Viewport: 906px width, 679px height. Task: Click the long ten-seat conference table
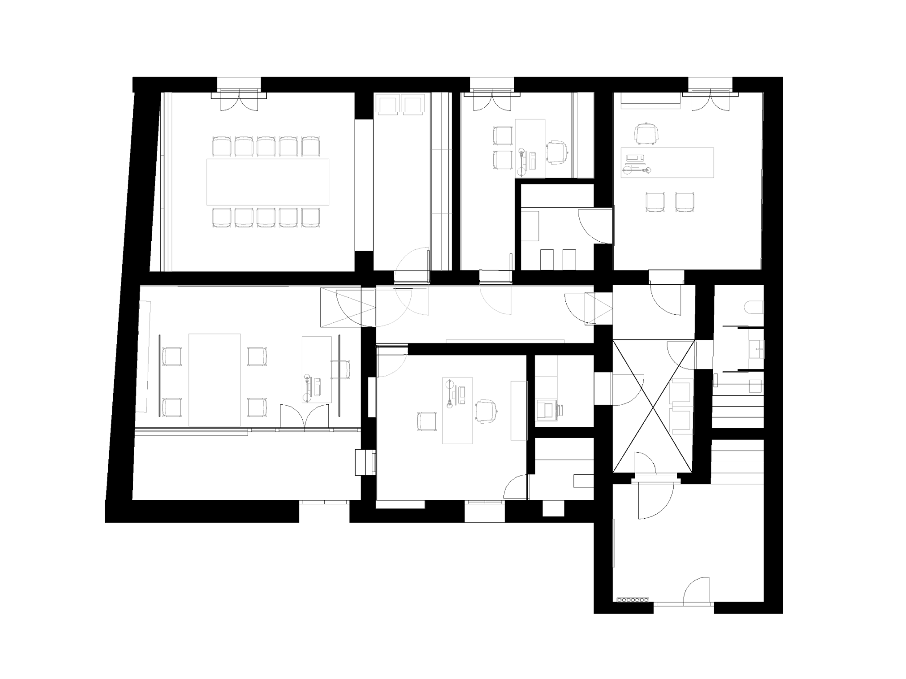point(268,182)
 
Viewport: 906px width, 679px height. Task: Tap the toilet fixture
point(754,308)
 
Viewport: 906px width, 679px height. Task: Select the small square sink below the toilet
point(756,349)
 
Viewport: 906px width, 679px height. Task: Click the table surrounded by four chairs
point(214,380)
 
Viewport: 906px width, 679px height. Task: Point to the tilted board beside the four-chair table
point(143,357)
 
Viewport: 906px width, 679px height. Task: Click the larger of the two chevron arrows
point(348,307)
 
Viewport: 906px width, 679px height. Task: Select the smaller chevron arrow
point(598,309)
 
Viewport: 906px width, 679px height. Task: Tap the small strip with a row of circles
point(633,600)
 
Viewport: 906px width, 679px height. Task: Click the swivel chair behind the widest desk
point(646,134)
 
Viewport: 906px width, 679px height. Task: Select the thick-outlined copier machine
point(547,410)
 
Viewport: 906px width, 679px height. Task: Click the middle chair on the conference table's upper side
point(266,147)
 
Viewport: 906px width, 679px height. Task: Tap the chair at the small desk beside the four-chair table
point(340,369)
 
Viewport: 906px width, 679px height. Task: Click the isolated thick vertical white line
point(614,543)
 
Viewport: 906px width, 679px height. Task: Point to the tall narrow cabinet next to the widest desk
point(586,135)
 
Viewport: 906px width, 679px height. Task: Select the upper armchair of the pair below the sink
point(682,391)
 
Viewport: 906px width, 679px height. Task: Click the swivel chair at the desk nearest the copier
point(486,411)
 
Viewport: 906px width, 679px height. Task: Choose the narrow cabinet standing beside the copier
point(519,410)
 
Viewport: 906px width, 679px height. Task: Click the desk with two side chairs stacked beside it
point(530,148)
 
